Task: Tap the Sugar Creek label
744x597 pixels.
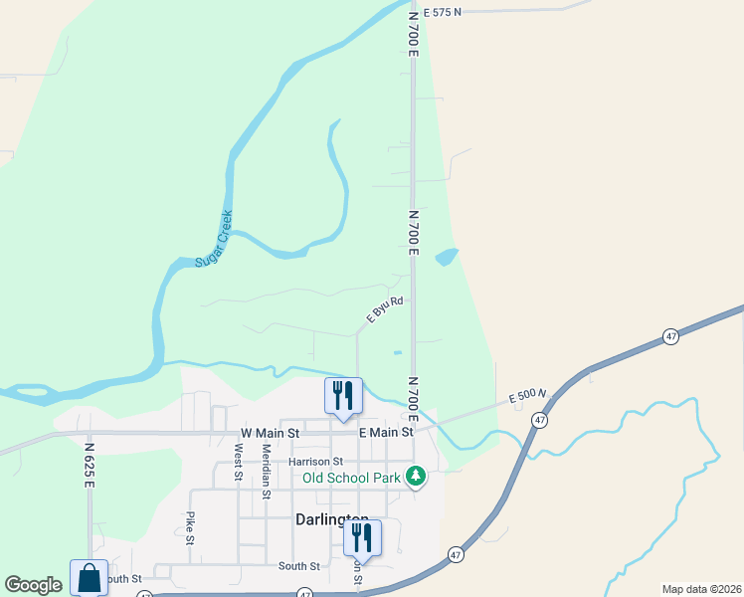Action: [x=213, y=239]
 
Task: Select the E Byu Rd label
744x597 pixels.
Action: [x=384, y=309]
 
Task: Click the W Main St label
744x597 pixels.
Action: [x=270, y=433]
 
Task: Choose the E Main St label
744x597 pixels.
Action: [x=385, y=433]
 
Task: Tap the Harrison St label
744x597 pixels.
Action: [x=315, y=462]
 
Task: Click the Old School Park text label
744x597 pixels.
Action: [x=352, y=478]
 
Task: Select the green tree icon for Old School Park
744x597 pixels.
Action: [x=417, y=478]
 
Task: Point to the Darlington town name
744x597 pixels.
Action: [x=332, y=519]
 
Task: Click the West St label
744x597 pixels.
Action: [x=238, y=462]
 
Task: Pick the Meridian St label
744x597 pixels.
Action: [x=266, y=470]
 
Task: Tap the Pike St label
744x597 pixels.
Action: [x=189, y=528]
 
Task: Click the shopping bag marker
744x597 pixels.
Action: [x=89, y=578]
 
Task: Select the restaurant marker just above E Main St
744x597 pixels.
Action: [x=343, y=395]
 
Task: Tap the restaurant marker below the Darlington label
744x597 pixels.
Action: [x=362, y=537]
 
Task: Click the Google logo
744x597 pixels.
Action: [x=33, y=585]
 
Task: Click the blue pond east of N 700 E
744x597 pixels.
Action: [x=447, y=257]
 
